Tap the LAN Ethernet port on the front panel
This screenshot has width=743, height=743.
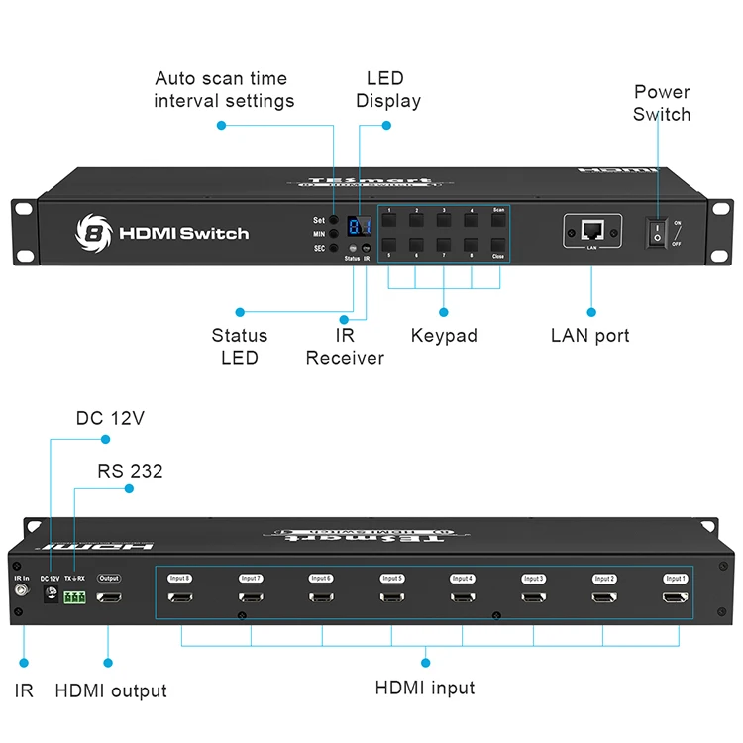pyautogui.click(x=591, y=230)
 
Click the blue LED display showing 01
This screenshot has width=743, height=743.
pyautogui.click(x=359, y=226)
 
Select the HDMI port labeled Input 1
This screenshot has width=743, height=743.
pyautogui.click(x=676, y=598)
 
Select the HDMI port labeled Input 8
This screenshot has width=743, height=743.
pyautogui.click(x=179, y=598)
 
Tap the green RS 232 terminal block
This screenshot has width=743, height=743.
pyautogui.click(x=74, y=597)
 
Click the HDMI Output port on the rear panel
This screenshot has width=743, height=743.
pyautogui.click(x=109, y=598)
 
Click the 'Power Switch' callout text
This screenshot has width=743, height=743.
pyautogui.click(x=662, y=103)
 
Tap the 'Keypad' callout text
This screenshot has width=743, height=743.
pyautogui.click(x=444, y=336)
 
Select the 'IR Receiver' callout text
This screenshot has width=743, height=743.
pyautogui.click(x=345, y=347)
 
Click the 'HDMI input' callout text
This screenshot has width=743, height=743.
pyautogui.click(x=424, y=688)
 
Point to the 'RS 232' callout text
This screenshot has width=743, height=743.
pyautogui.click(x=130, y=471)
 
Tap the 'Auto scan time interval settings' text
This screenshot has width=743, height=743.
pyautogui.click(x=224, y=89)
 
